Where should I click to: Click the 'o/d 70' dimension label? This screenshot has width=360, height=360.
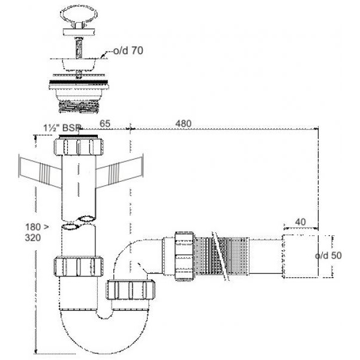tap(128, 50)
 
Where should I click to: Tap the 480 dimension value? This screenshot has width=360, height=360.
tap(183, 124)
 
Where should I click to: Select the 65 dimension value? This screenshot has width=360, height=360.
tap(105, 124)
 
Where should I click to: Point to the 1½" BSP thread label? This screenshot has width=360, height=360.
tap(62, 128)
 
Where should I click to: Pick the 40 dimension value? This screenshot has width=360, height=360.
tap(301, 222)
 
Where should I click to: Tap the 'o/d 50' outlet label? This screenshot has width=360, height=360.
tap(328, 256)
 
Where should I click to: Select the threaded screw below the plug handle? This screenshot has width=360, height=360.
tap(78, 47)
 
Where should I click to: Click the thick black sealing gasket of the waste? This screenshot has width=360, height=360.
tap(79, 82)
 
